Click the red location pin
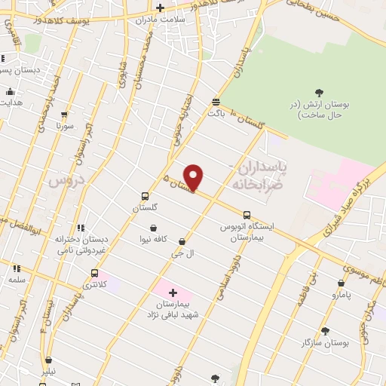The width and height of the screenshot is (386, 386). click(194, 177)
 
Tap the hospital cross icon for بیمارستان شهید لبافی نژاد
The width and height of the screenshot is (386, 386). click(173, 292)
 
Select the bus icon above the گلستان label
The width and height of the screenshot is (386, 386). click(145, 195)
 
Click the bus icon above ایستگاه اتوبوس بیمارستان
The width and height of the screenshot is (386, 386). click(247, 215)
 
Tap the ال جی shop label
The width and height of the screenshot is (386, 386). click(183, 253)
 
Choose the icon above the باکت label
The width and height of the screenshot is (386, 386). click(216, 101)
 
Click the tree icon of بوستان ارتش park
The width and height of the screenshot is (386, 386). click(319, 93)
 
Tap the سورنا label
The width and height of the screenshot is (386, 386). click(64, 126)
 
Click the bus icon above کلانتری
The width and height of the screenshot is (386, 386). click(94, 273)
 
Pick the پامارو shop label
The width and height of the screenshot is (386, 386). click(341, 295)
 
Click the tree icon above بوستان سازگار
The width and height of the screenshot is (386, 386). click(325, 331)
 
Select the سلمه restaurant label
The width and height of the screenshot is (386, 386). click(17, 278)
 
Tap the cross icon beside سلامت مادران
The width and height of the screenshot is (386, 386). click(161, 8)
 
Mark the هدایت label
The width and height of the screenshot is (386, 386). click(11, 102)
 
